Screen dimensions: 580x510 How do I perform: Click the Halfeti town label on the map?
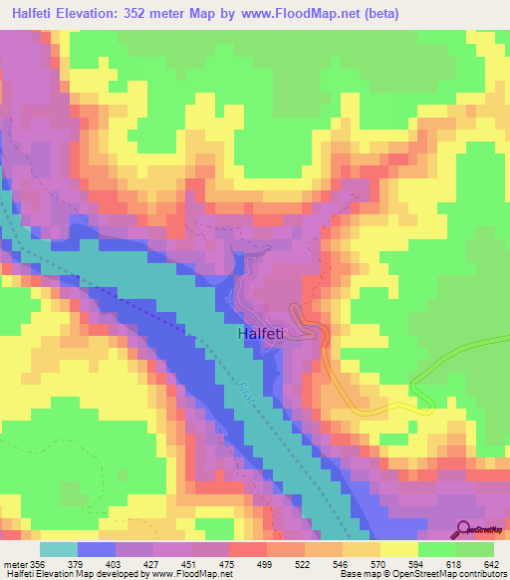pyautogui.click(x=263, y=336)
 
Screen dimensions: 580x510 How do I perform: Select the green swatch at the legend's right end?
pyautogui.click(x=475, y=550)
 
